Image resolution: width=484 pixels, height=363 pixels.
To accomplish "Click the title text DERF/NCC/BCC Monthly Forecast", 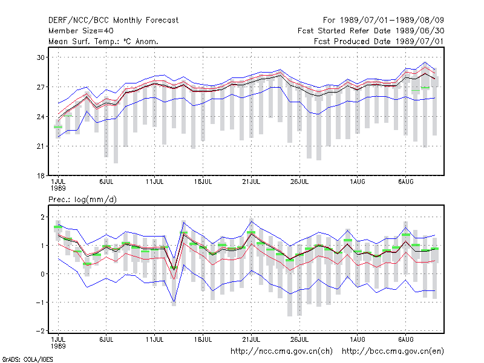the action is [x=113, y=21].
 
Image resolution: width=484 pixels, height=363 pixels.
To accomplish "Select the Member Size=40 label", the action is [x=81, y=31].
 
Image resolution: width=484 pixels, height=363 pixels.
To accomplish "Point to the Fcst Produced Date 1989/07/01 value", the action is [x=379, y=41].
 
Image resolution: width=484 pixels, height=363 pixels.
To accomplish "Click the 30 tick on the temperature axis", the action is [x=41, y=57].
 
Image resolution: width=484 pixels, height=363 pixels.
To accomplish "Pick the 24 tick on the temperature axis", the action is [x=41, y=117].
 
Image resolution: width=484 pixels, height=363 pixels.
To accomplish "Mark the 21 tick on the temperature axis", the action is [x=41, y=146].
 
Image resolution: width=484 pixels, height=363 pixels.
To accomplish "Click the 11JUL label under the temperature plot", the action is [x=155, y=182].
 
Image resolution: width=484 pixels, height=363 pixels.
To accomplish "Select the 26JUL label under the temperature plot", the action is [x=299, y=182].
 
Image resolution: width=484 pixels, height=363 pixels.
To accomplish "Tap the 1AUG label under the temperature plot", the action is [x=358, y=182].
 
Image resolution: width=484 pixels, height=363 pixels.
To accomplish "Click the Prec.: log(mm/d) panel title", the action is [x=82, y=200].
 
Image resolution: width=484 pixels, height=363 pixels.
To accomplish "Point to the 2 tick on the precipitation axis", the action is [x=42, y=217].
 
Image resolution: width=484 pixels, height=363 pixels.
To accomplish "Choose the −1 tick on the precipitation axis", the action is [x=41, y=302].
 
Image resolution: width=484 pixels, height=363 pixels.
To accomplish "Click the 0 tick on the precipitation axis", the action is [x=42, y=274].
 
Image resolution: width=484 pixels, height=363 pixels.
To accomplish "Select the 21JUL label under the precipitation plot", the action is [x=251, y=340].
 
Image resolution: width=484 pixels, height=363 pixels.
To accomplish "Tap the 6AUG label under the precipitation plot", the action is [x=405, y=340].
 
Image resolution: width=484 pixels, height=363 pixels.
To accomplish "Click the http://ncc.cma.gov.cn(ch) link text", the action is [x=281, y=352].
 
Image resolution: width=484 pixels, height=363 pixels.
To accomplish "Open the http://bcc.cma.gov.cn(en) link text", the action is [x=393, y=352].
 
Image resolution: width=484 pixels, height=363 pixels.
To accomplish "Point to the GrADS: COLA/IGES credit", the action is [x=27, y=359].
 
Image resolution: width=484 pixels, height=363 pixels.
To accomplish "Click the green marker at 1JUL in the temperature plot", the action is [x=58, y=127].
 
